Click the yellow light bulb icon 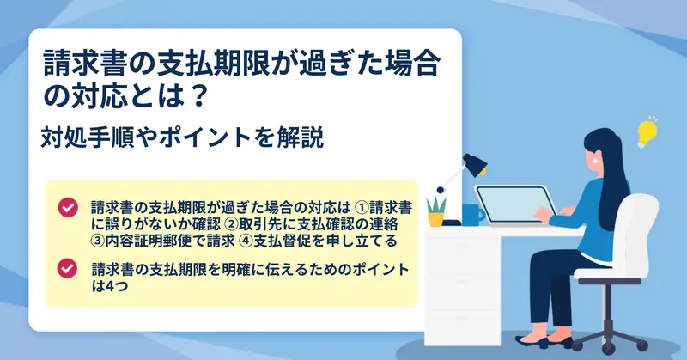point(647,131)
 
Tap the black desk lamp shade point(475,164)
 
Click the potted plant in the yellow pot point(436,211)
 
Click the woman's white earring point(595,160)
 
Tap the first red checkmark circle point(68,207)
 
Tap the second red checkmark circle point(67,268)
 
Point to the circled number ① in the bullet point(361,206)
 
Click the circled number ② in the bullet point(230,223)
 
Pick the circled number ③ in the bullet point(98,241)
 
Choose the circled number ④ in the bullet point(246,241)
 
